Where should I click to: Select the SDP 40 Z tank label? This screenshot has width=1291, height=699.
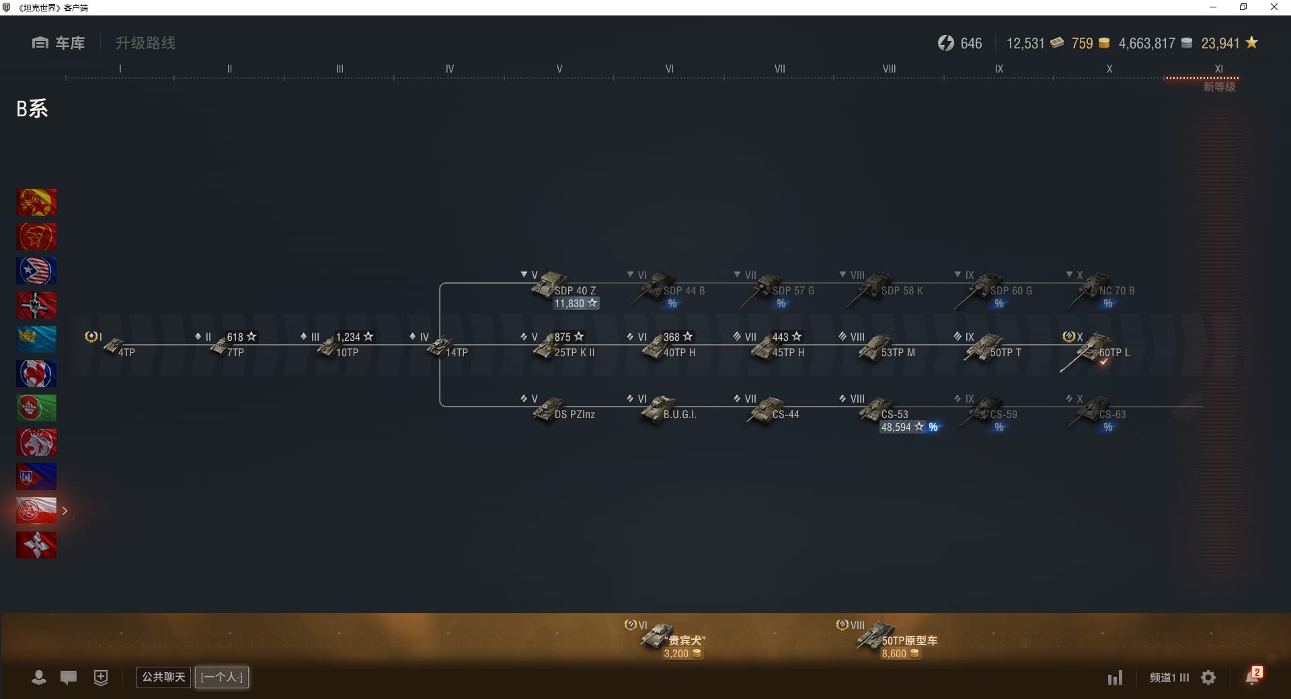pyautogui.click(x=575, y=290)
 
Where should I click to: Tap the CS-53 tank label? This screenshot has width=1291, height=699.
pyautogui.click(x=894, y=414)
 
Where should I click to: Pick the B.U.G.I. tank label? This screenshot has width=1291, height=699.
pyautogui.click(x=679, y=414)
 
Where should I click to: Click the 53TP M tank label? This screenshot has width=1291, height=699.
pyautogui.click(x=898, y=352)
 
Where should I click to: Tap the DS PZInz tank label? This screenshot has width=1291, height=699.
pyautogui.click(x=574, y=414)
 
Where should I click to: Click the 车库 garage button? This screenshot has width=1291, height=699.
pyautogui.click(x=59, y=43)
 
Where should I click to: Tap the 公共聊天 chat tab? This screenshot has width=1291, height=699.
pyautogui.click(x=163, y=677)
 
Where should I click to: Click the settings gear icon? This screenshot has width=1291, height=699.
pyautogui.click(x=1208, y=677)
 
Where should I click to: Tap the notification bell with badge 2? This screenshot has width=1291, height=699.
pyautogui.click(x=1252, y=677)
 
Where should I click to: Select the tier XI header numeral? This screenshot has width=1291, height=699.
pyautogui.click(x=1218, y=69)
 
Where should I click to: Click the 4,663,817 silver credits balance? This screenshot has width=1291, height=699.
pyautogui.click(x=1146, y=44)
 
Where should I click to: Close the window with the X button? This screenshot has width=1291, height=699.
pyautogui.click(x=1274, y=7)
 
